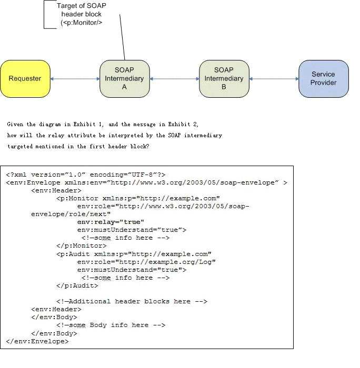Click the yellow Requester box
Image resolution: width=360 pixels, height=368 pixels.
pos(25,79)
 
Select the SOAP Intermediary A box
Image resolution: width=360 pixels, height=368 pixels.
pos(124,79)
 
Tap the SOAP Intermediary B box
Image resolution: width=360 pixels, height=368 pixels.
pos(224,79)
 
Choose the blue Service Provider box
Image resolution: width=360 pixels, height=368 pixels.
pos(323,79)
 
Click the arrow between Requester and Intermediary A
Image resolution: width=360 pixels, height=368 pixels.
pos(75,79)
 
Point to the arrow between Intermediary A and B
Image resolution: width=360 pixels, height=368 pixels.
pos(174,79)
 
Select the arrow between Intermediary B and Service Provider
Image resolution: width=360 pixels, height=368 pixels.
pos(274,79)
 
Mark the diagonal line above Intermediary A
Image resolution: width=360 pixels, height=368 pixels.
pos(122,37)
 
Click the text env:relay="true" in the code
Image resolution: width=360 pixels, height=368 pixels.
pos(111,222)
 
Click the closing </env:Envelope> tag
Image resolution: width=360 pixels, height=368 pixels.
pos(37,341)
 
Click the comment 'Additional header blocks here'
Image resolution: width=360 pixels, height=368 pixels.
pos(132,301)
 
